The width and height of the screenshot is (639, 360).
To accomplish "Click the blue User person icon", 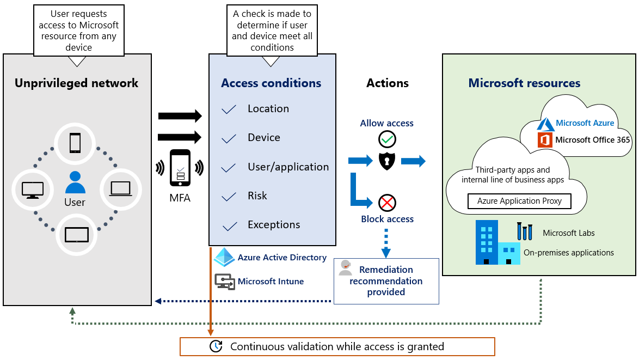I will [75, 182].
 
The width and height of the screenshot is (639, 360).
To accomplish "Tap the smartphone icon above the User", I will [75, 143].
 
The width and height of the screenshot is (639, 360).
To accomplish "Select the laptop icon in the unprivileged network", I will [120, 188].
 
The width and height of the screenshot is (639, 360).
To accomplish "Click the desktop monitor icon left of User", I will [32, 189].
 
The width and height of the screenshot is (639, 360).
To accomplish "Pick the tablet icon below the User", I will [76, 235].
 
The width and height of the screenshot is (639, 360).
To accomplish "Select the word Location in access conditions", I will [268, 108].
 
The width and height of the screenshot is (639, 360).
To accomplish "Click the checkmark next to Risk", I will [229, 197].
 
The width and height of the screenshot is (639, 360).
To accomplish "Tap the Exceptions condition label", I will [274, 224].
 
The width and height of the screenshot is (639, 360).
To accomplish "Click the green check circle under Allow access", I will [387, 139].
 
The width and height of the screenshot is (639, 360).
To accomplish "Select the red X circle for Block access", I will [387, 203].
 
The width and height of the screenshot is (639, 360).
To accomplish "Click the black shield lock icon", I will [387, 161].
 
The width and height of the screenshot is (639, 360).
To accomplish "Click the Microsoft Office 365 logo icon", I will [545, 140].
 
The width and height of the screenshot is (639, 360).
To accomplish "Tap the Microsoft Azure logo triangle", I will [546, 124].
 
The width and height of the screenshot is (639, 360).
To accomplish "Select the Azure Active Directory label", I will [282, 258].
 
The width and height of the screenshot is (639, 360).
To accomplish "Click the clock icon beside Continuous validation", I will [216, 346].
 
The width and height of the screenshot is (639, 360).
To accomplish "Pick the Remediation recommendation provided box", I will [386, 281].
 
